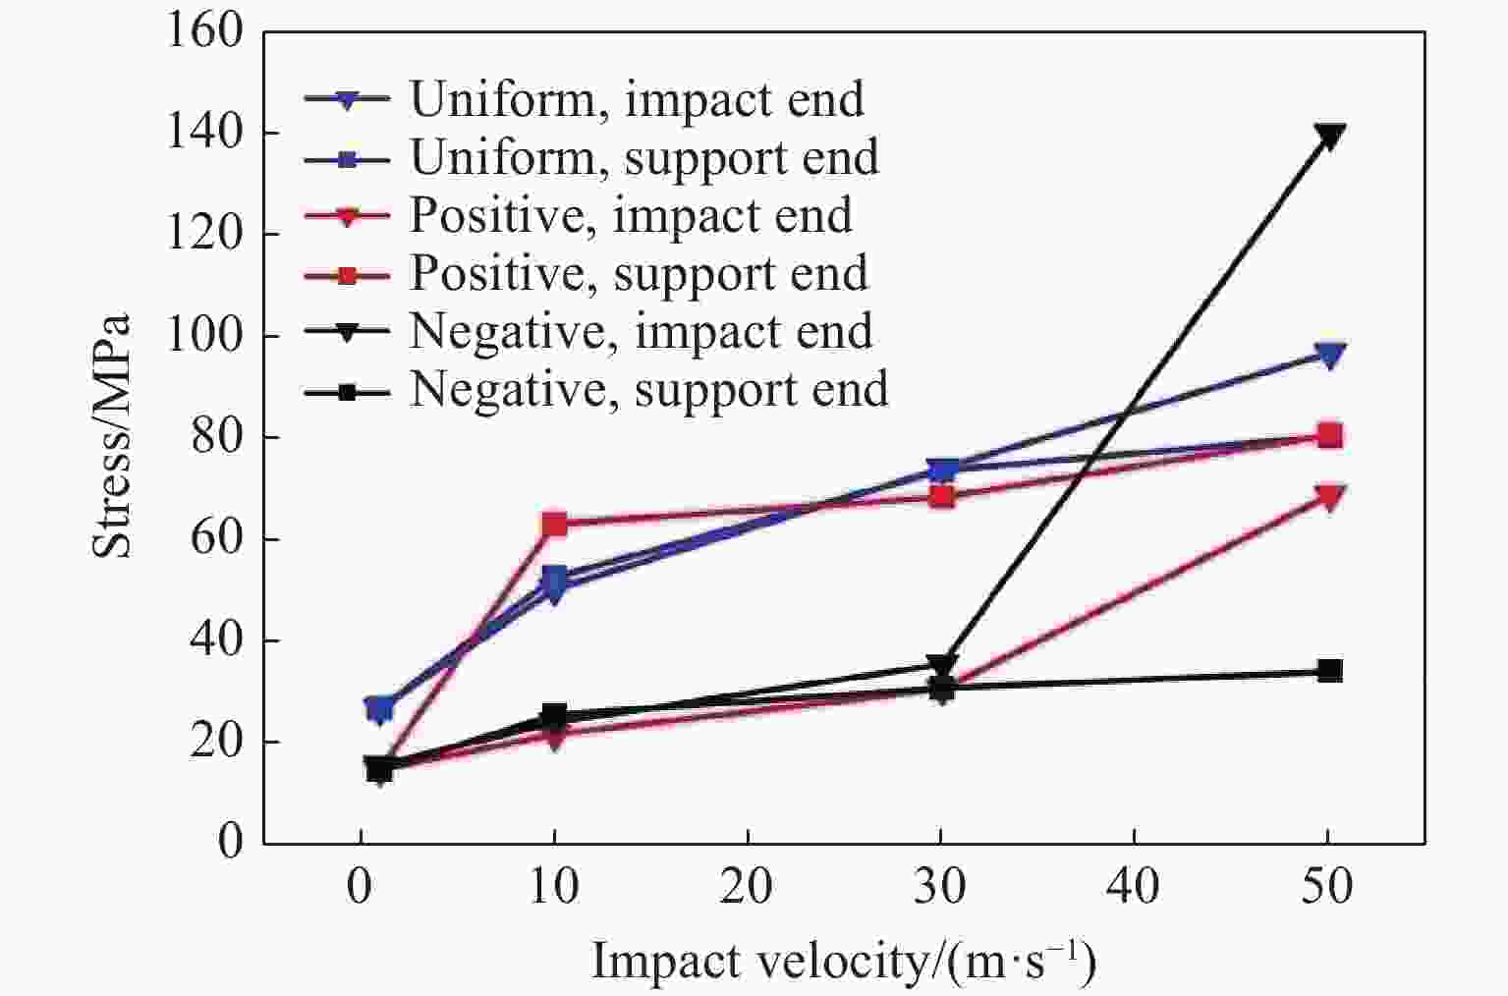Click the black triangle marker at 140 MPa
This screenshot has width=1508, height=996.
pos(1329,136)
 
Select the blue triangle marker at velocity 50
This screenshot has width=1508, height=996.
pos(1329,355)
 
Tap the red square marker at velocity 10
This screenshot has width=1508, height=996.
pos(554,524)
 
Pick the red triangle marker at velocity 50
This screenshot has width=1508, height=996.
pos(1329,497)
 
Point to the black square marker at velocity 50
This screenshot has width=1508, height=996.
pos(1329,671)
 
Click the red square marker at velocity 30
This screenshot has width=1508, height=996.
pos(941,497)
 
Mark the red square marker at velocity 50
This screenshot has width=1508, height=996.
pos(1329,435)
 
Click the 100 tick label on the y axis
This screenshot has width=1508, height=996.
pos(204,336)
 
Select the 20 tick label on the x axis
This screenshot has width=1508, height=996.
pos(748,888)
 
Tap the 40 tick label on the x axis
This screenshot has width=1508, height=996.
pos(1135,888)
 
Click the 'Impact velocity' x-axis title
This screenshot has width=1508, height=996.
pos(843,961)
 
